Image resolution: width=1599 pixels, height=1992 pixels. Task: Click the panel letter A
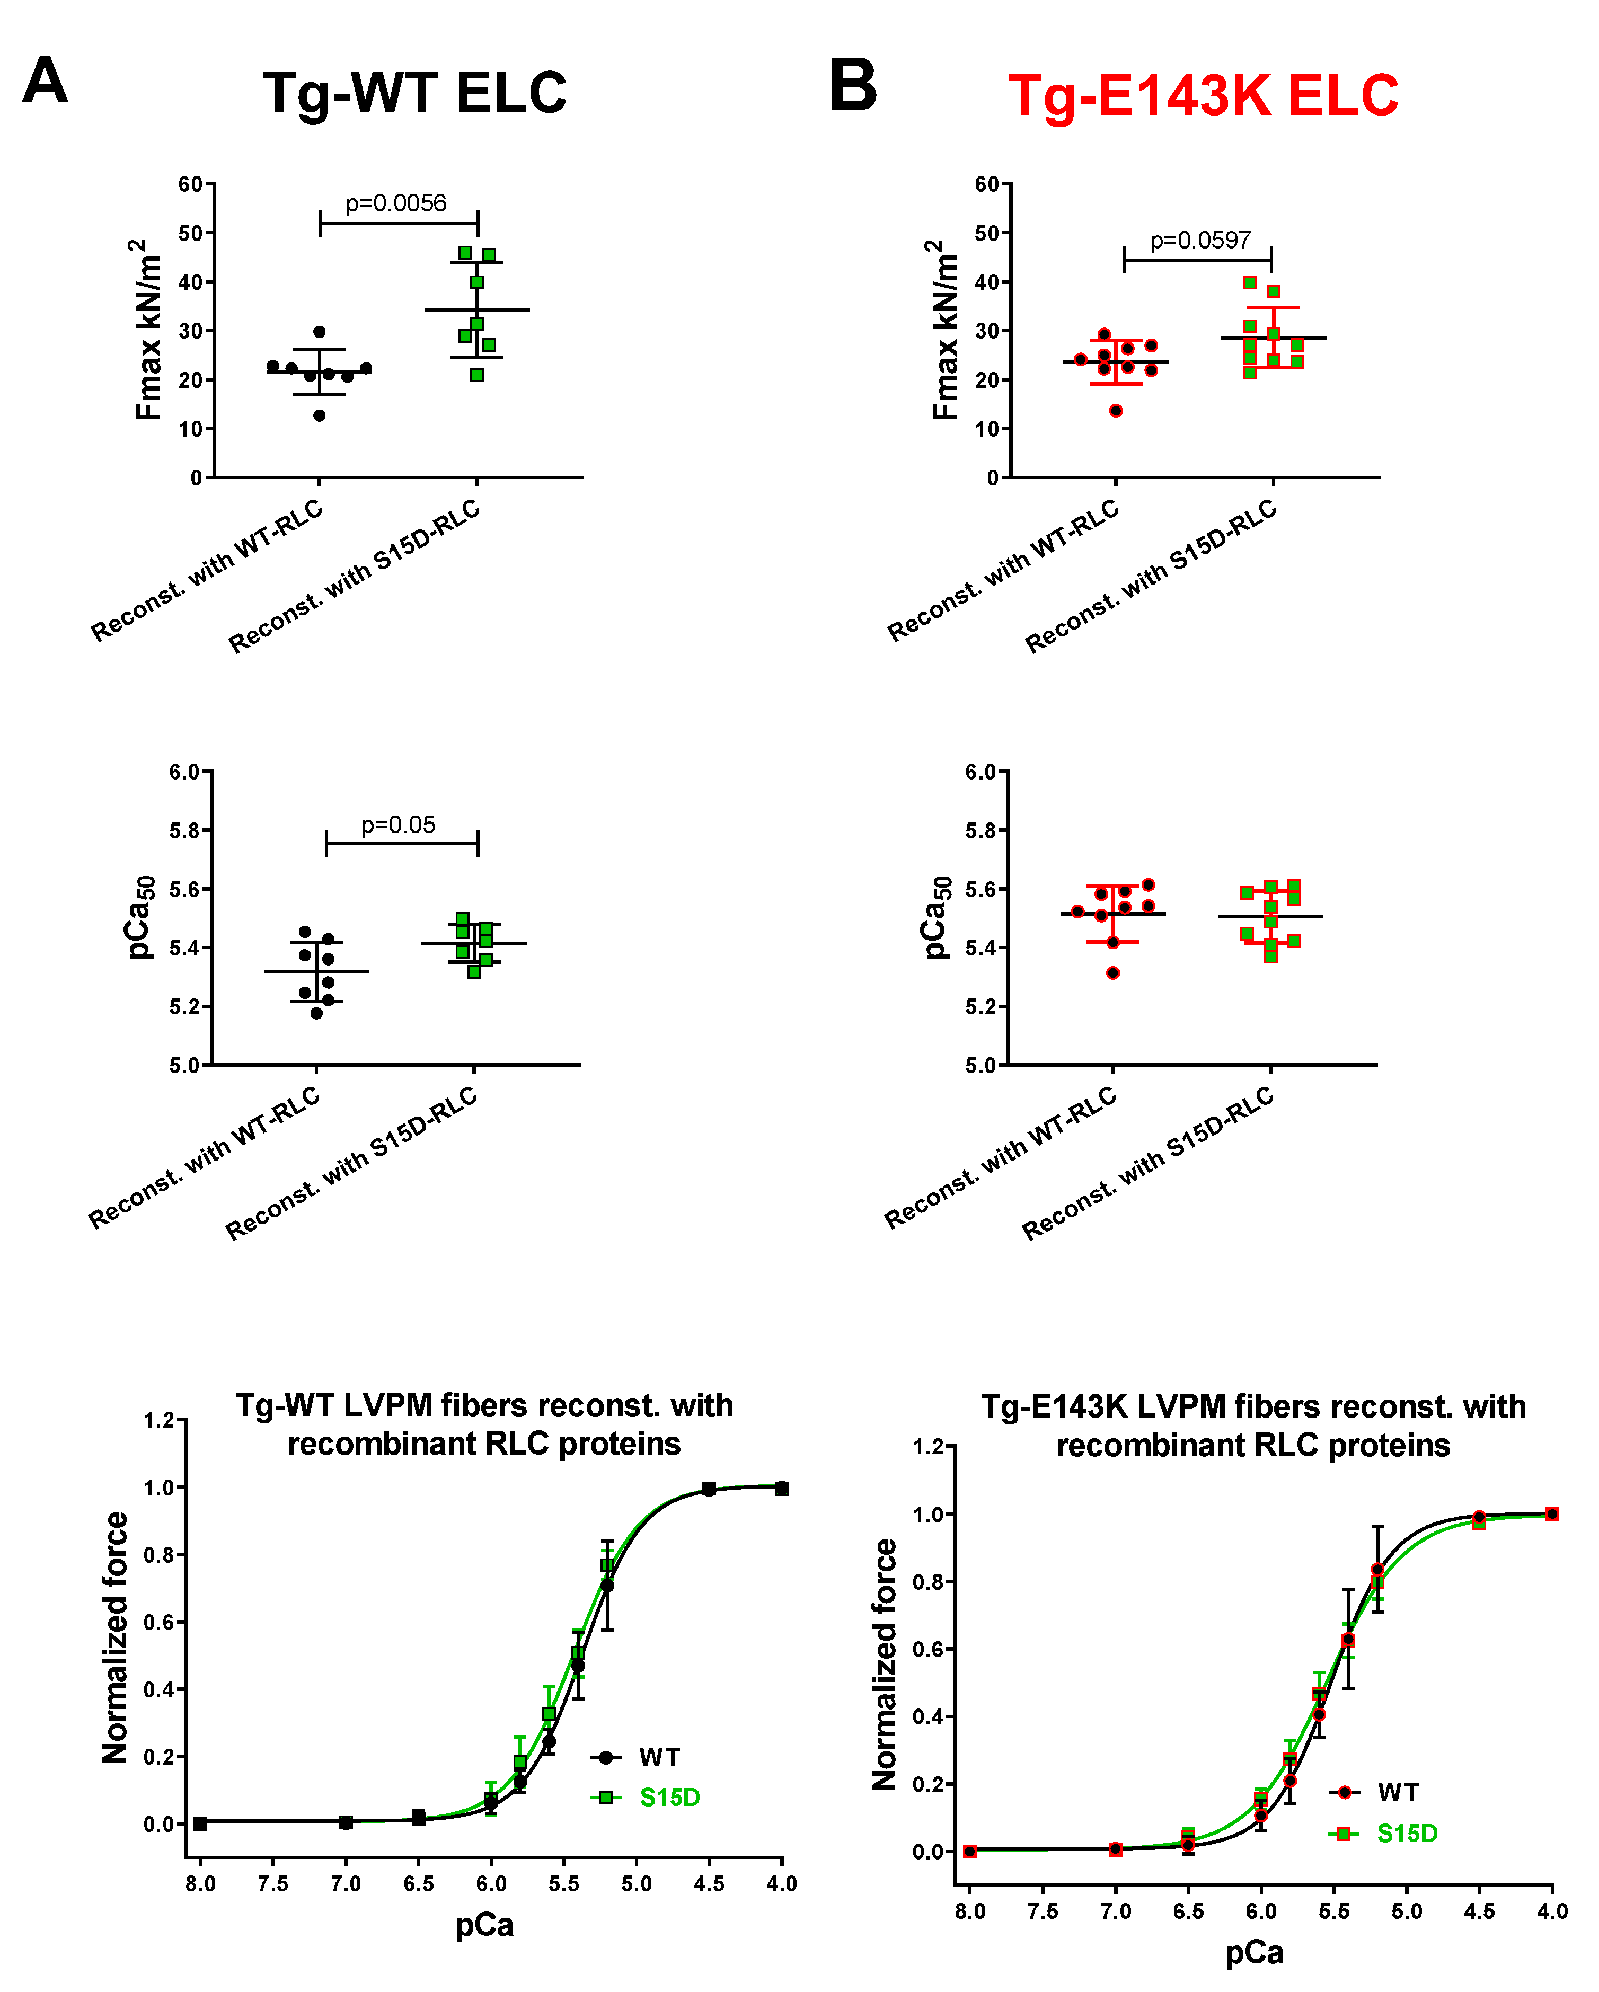coord(45,81)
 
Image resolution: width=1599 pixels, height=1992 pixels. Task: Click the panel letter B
coord(852,85)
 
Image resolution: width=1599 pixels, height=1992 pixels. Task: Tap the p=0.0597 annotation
coord(1200,241)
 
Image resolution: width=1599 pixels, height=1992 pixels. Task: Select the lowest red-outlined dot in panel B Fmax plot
coord(1116,410)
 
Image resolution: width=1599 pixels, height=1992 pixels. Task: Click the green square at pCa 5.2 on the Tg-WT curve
coord(607,1565)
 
